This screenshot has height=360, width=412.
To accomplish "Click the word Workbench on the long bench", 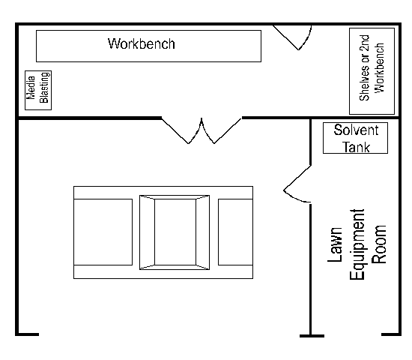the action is tap(142, 43).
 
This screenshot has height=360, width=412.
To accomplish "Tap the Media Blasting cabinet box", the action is tap(38, 90).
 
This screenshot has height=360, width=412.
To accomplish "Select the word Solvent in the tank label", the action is tap(356, 130).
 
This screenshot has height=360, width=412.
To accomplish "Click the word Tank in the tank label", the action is tap(356, 147).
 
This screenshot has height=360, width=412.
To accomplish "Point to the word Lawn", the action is tap(335, 244).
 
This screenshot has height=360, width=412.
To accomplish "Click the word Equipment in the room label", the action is tap(357, 244).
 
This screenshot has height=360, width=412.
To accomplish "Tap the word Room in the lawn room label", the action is tap(379, 244).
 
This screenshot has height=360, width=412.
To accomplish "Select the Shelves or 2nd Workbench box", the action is tap(372, 71).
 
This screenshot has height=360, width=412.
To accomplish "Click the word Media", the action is tap(31, 88).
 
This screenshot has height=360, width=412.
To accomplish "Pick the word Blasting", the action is tap(44, 87).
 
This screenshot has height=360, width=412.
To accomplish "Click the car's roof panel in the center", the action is tap(175, 232).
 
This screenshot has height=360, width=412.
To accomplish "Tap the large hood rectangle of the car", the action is tap(103, 232).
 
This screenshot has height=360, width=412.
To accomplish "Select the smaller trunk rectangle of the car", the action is tap(235, 232).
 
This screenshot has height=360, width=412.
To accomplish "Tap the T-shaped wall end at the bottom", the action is tap(312, 336).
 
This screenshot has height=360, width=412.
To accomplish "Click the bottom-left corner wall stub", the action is tap(27, 334).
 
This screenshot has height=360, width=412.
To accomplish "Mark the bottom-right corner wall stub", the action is tap(391, 334).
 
